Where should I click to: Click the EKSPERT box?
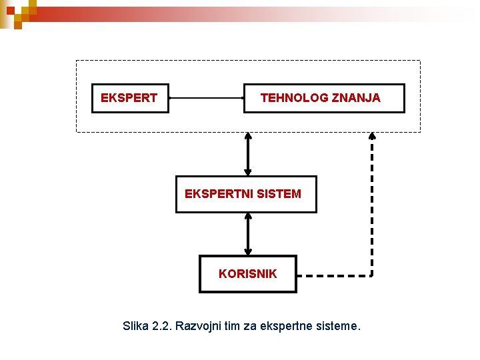pos(129,98)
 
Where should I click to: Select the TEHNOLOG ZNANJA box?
pos(324,98)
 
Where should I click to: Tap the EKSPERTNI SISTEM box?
pos(245,194)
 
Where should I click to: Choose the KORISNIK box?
pos(247,273)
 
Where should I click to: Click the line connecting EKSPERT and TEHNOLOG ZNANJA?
pos(207,97)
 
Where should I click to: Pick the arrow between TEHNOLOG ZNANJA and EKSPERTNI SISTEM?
pos(248,153)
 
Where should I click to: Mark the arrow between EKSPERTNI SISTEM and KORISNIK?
pos(248,233)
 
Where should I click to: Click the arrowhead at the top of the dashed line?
pos(372,135)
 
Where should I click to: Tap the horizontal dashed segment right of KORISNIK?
pos(333,275)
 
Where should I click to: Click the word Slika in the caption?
pos(136,327)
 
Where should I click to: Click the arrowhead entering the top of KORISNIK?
pos(248,251)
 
